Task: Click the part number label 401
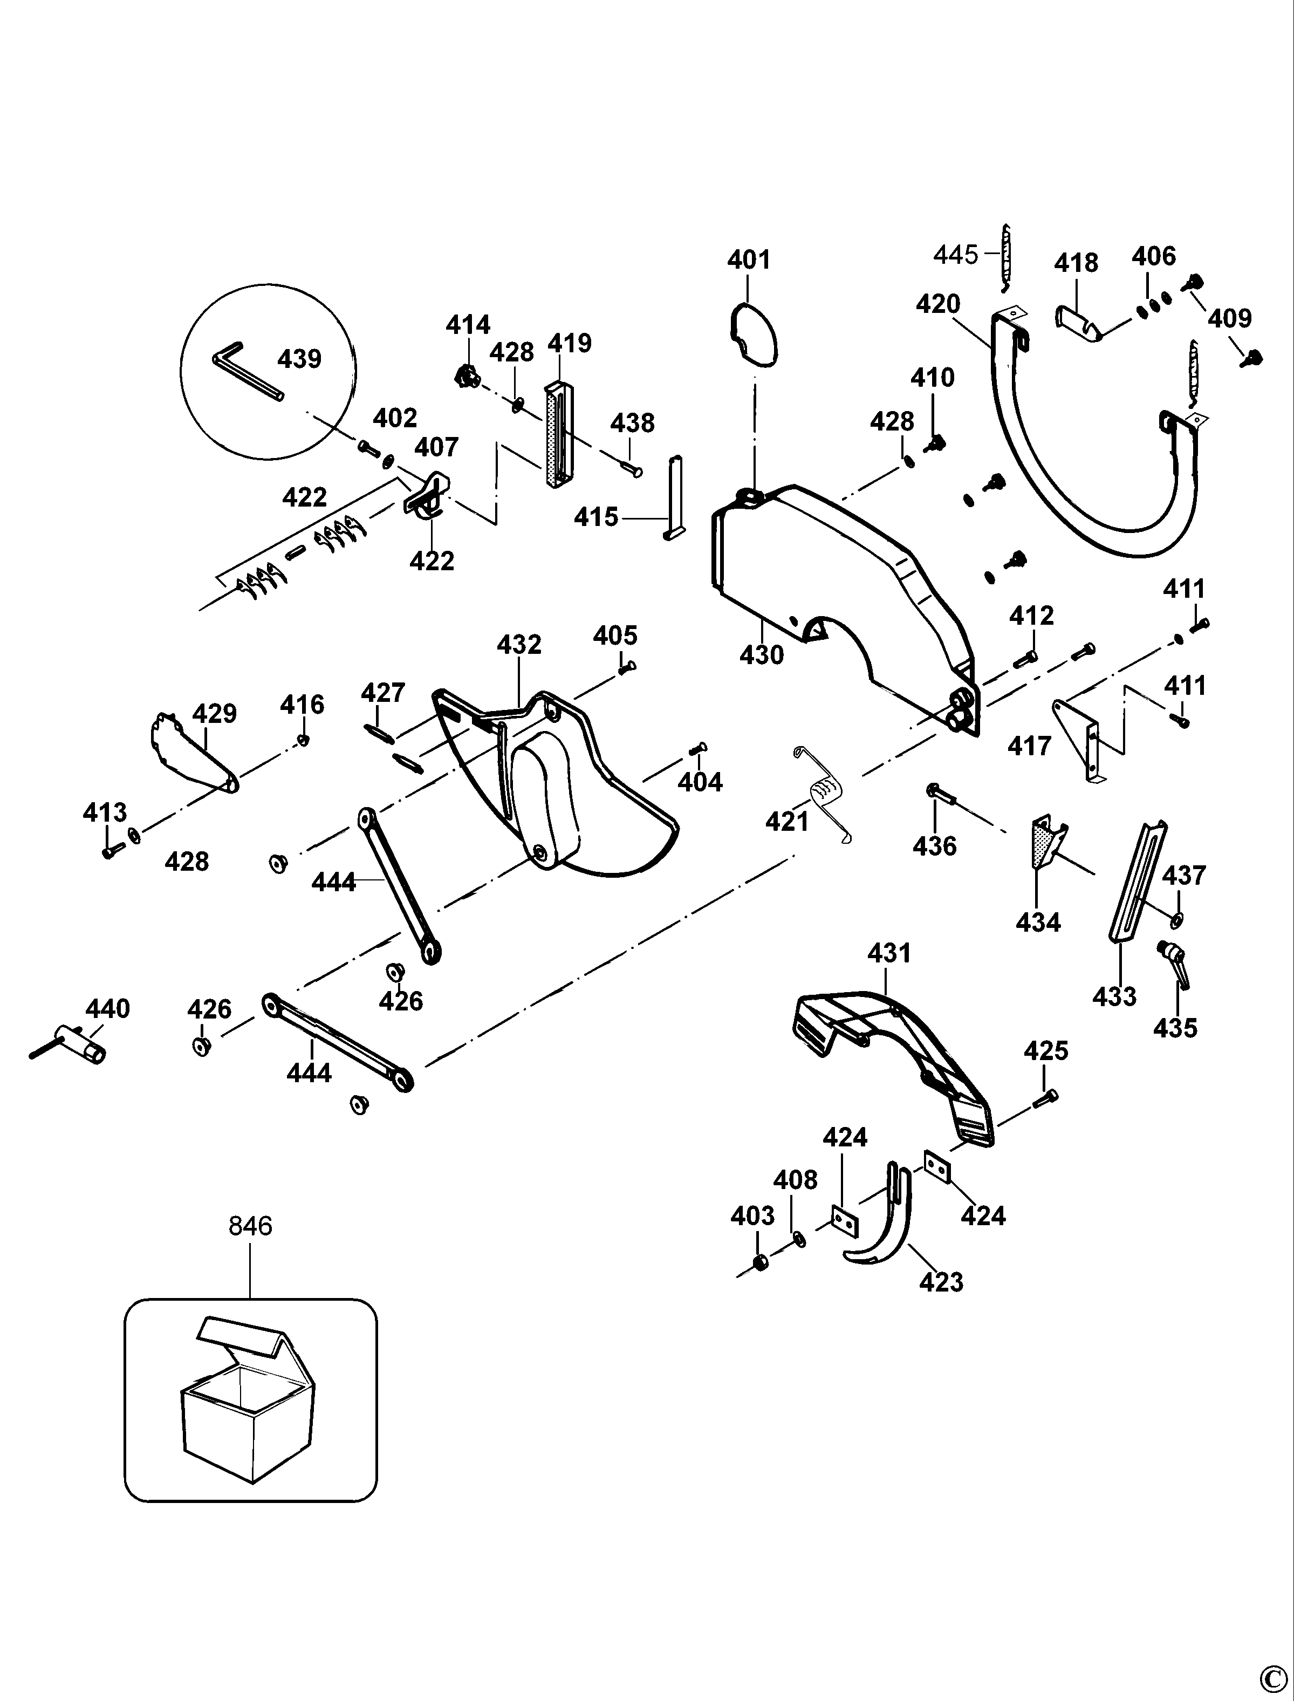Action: (x=749, y=259)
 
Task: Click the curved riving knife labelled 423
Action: (x=878, y=1215)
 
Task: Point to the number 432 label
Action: (x=519, y=644)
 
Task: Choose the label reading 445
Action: (x=955, y=254)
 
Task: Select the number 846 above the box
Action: (x=250, y=1226)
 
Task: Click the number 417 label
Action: (x=1029, y=746)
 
